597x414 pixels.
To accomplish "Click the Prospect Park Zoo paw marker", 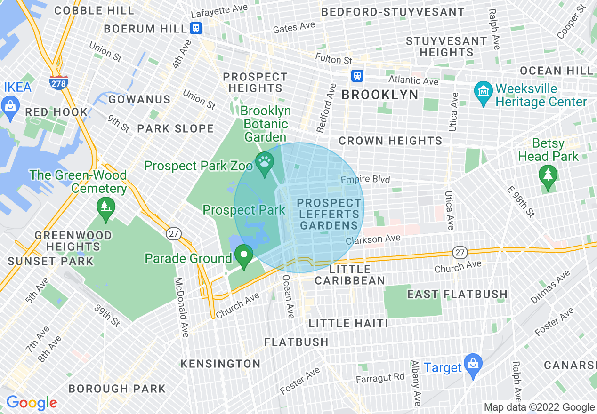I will pyautogui.click(x=265, y=162).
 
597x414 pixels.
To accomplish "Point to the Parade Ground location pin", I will pyautogui.click(x=244, y=256).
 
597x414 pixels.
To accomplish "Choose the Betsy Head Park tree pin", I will pyautogui.click(x=548, y=176).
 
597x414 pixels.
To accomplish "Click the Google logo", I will pyautogui.click(x=32, y=403).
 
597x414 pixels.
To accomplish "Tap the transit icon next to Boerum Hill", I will pyautogui.click(x=196, y=28).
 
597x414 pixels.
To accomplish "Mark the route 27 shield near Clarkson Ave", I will pyautogui.click(x=460, y=253).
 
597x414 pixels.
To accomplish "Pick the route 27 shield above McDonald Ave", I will pyautogui.click(x=174, y=234).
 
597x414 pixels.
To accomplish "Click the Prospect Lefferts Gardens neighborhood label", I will pyautogui.click(x=329, y=214).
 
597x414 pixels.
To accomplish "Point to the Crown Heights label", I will pyautogui.click(x=390, y=141).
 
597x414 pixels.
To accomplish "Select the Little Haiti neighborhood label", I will pyautogui.click(x=348, y=323).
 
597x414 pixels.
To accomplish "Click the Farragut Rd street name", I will pyautogui.click(x=380, y=377).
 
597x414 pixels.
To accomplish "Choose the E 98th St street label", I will pyautogui.click(x=521, y=201).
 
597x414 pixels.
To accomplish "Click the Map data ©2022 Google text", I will pyautogui.click(x=539, y=407).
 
